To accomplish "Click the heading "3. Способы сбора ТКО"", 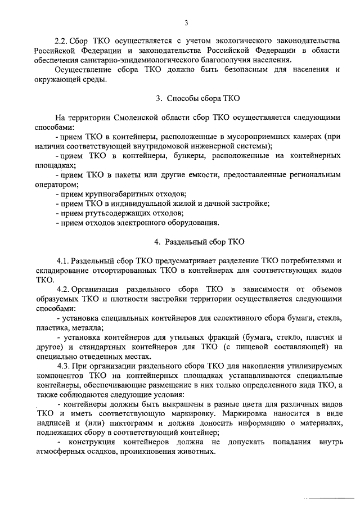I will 198,98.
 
